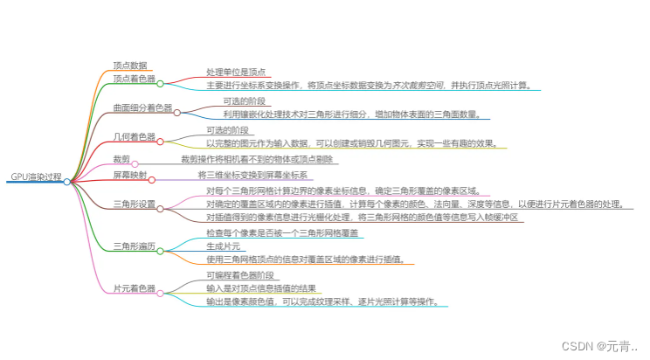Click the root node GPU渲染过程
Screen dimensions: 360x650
36,177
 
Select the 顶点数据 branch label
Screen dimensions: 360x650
131,65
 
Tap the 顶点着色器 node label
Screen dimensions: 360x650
135,80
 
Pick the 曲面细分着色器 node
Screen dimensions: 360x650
142,108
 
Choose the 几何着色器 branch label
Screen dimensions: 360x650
135,137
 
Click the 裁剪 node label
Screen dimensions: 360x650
121,159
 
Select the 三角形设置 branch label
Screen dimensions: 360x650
135,204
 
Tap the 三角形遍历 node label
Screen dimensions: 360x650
135,247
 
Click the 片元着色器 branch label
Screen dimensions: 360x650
135,288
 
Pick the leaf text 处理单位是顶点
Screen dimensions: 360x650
236,73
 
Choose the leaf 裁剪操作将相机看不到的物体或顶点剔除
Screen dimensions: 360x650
257,160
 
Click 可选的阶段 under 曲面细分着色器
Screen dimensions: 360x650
244,101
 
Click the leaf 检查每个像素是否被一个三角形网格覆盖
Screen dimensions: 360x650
280,233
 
